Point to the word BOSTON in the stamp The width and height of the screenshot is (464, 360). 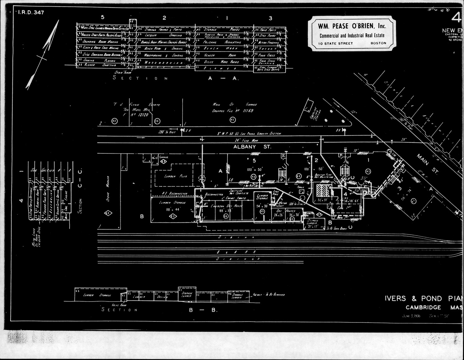pyautogui.click(x=378, y=43)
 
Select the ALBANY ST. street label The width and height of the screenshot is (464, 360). pyautogui.click(x=252, y=147)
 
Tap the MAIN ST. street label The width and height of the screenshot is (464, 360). pyautogui.click(x=426, y=161)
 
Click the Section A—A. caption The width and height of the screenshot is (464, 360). pyautogui.click(x=176, y=78)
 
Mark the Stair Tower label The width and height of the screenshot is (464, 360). pyautogui.click(x=122, y=72)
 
